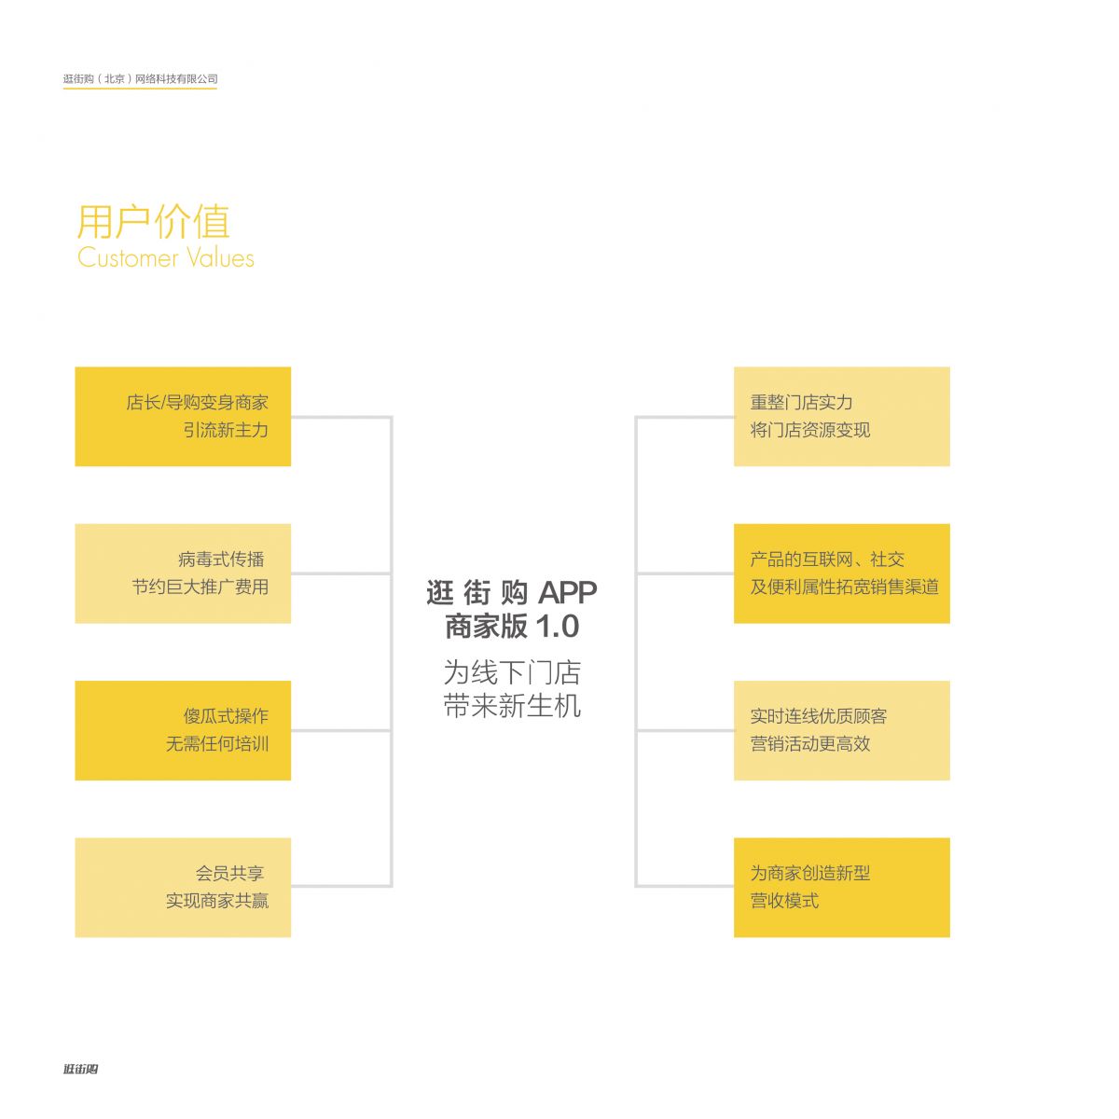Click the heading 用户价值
point(153,222)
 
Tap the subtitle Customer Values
point(166,258)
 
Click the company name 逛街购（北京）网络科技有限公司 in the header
point(140,79)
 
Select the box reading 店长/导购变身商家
point(183,416)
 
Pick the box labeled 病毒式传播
point(183,573)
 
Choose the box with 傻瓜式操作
point(183,730)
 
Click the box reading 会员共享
point(183,887)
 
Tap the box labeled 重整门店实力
point(841,416)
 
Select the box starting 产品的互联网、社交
point(841,573)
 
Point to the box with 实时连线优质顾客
point(841,730)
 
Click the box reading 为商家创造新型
point(841,887)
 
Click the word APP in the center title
point(567,592)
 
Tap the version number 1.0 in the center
point(556,627)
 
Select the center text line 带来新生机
point(512,706)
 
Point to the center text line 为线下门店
point(512,672)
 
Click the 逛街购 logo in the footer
point(81,1069)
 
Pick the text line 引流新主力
point(226,430)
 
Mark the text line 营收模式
point(784,901)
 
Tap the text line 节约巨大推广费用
point(200,587)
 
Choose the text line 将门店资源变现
point(809,430)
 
